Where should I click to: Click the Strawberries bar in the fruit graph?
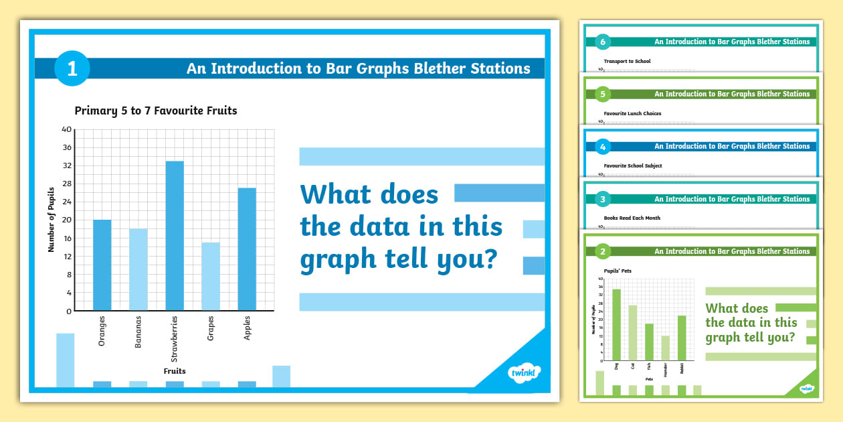[x=175, y=236]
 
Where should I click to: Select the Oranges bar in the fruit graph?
[x=102, y=265]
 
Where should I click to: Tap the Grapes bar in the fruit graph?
[x=211, y=277]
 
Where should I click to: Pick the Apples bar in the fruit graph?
[x=247, y=249]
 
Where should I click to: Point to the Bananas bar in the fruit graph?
[x=138, y=270]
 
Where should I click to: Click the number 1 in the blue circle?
[x=72, y=68]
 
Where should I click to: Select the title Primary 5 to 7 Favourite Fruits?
[x=156, y=111]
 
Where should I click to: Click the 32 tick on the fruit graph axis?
[x=67, y=165]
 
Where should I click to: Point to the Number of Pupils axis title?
[x=52, y=220]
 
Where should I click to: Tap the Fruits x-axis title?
[x=175, y=370]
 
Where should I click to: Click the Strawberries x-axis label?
[x=175, y=338]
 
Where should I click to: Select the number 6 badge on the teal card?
[x=603, y=42]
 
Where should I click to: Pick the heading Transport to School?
[x=627, y=61]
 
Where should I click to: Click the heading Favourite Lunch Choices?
[x=632, y=113]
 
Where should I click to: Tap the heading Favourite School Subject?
[x=633, y=165]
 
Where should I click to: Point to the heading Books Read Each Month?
[x=631, y=218]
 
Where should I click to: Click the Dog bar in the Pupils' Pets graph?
[x=616, y=324]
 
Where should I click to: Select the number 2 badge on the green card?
[x=603, y=252]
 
